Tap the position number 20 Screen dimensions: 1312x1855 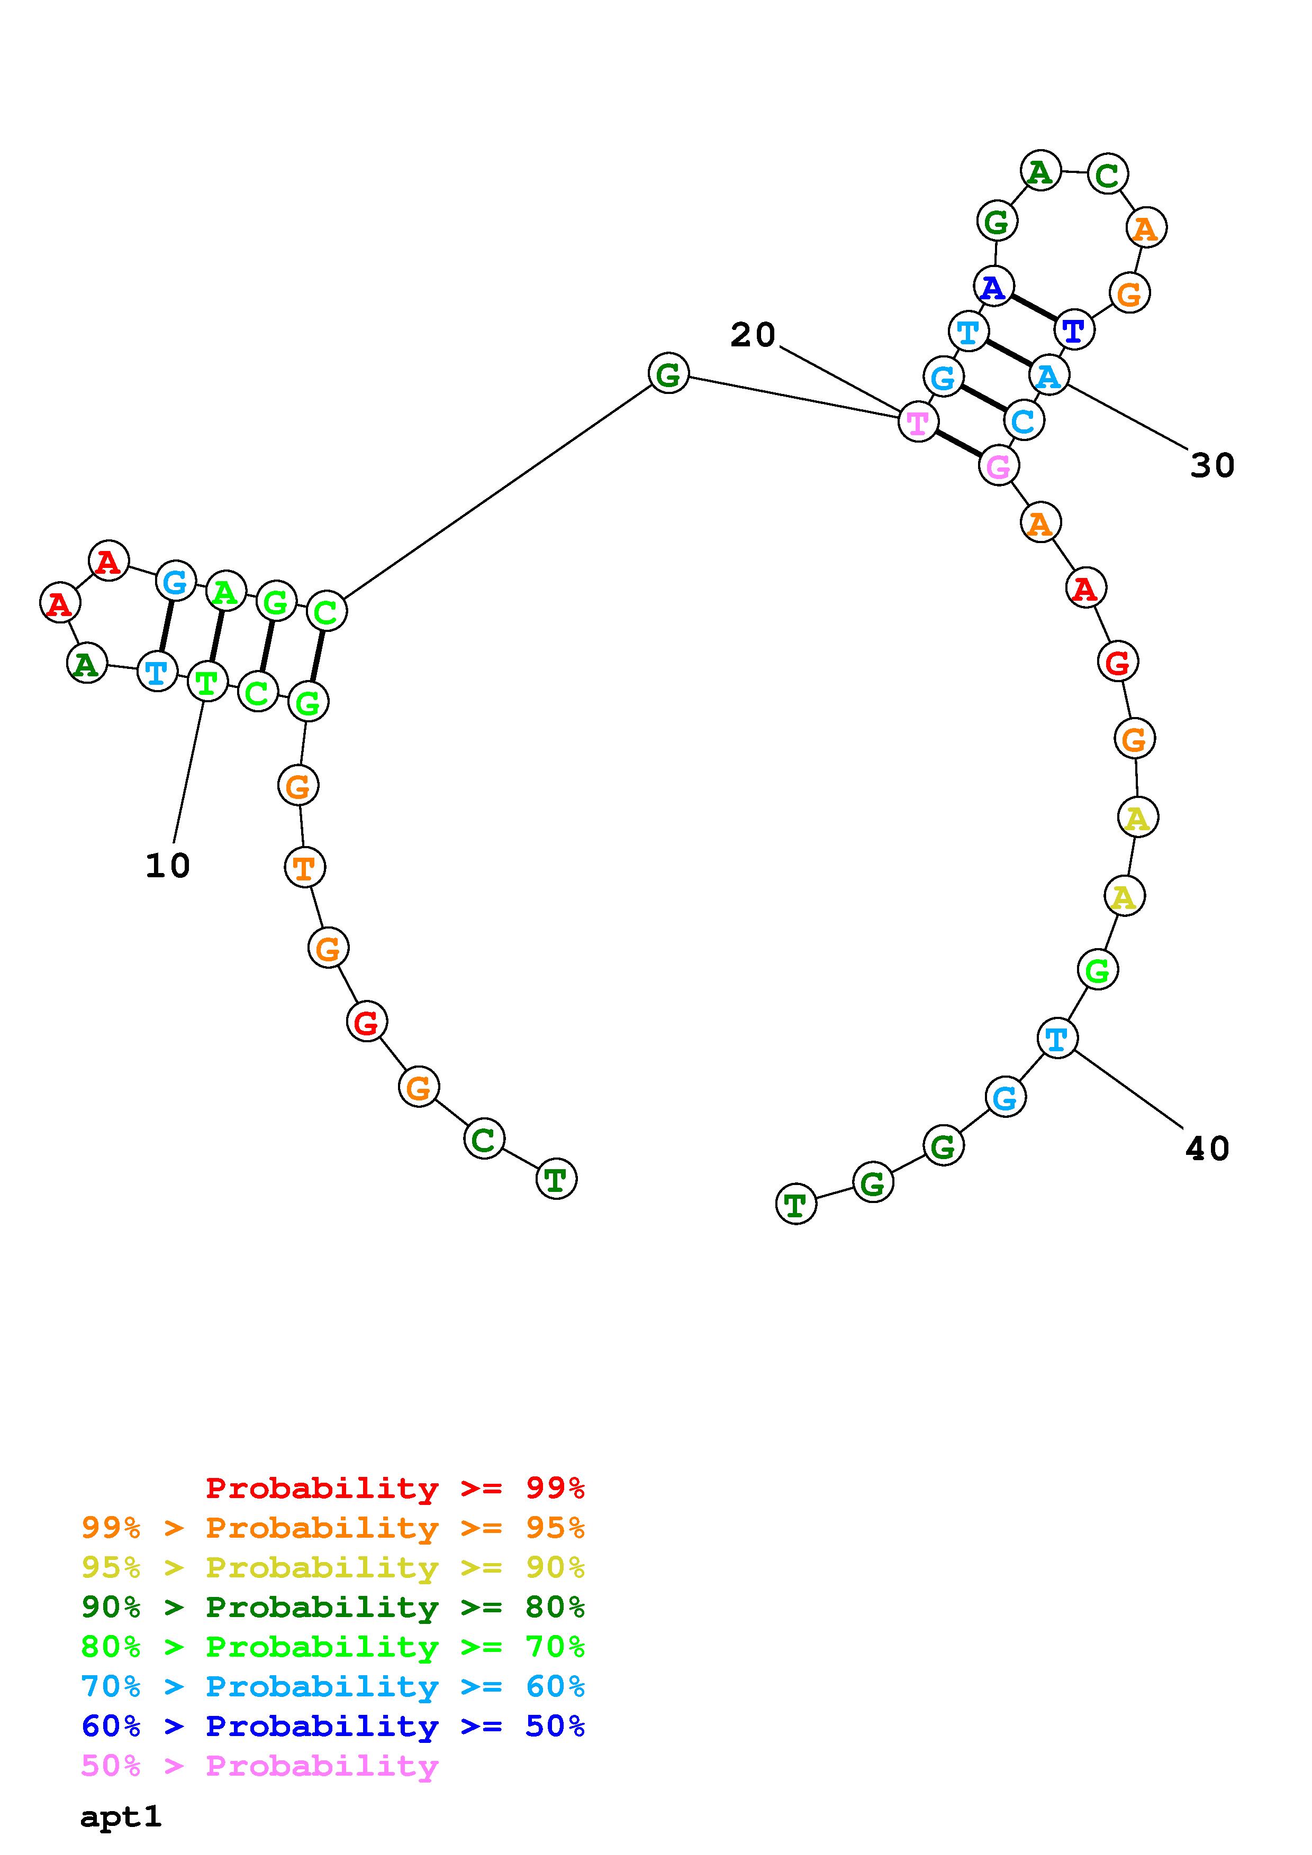pos(753,335)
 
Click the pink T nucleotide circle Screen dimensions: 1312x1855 pos(918,422)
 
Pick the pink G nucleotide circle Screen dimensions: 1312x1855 pos(998,466)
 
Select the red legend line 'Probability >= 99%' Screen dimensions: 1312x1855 pos(395,1487)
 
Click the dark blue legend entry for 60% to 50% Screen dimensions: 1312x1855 pos(333,1726)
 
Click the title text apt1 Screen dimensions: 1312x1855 pos(121,1816)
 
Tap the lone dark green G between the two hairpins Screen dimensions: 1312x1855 pos(668,373)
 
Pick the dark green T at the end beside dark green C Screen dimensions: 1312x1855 pos(556,1180)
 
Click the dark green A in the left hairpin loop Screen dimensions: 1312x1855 pos(86,664)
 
